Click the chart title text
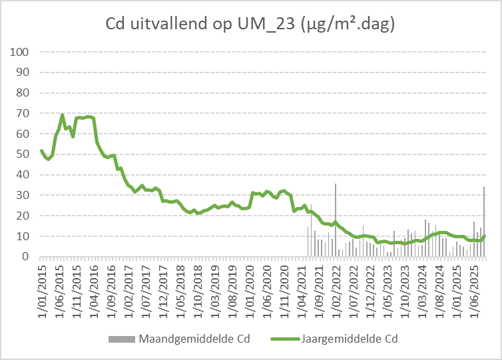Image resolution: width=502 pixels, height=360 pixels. pos(251,25)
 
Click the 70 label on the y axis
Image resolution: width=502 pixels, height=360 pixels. pos(21,113)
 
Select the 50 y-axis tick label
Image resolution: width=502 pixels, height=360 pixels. pos(21,154)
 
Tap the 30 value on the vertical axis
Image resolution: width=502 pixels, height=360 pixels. pos(21,196)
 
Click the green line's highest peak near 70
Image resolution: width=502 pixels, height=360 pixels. pos(63,115)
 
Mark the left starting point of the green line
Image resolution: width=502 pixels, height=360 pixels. pos(41,150)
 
